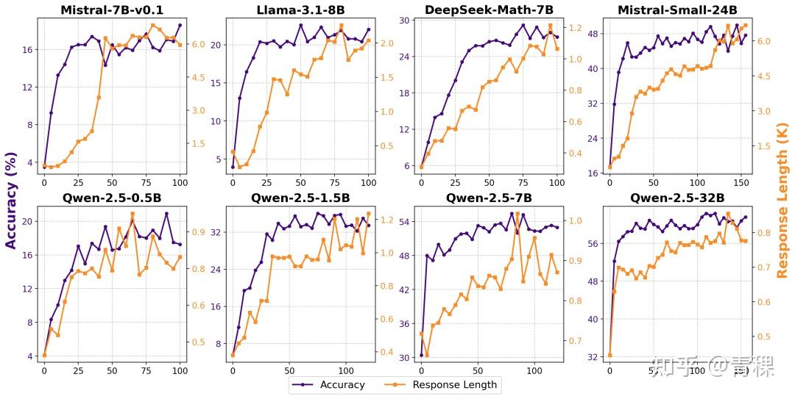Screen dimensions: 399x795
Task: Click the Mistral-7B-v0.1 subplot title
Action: click(x=111, y=10)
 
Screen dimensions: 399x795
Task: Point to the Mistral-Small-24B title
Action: click(x=677, y=10)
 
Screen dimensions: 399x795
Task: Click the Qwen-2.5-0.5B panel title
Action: click(x=111, y=198)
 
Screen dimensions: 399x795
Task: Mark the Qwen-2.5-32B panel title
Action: click(x=677, y=198)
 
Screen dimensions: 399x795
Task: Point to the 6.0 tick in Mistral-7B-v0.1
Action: click(x=199, y=44)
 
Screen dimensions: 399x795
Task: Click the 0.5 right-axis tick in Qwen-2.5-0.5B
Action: click(x=199, y=342)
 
